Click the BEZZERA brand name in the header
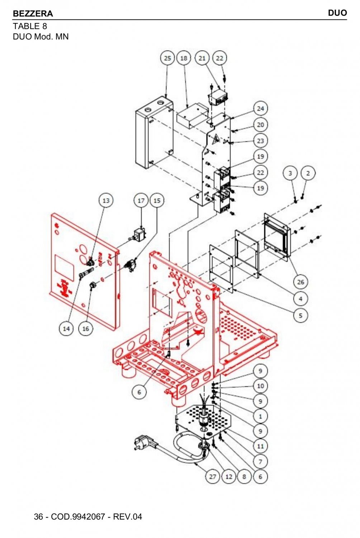point(33,14)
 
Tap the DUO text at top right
point(337,13)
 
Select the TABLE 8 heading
point(30,26)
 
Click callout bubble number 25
point(167,58)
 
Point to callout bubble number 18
point(184,58)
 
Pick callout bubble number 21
point(202,58)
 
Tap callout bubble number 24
point(260,109)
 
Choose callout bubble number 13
point(106,200)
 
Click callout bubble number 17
point(141,200)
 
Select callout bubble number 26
point(300,282)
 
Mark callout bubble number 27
point(213,476)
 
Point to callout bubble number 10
point(260,386)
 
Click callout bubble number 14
point(66,329)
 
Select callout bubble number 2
point(308,173)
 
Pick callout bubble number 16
point(86,329)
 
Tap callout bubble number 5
point(300,316)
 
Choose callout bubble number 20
point(260,125)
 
